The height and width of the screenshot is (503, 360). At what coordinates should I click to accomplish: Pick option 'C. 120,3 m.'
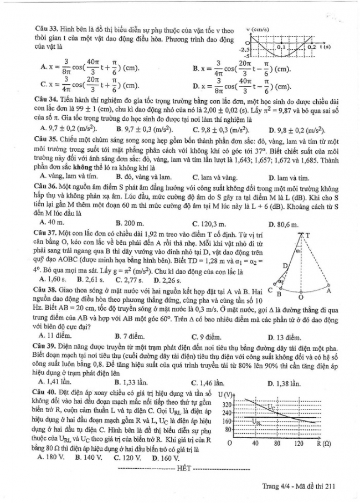tap(210, 224)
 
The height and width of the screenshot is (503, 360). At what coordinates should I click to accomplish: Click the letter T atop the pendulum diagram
tap(308, 235)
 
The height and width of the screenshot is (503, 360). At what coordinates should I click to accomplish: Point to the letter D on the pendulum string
tap(285, 266)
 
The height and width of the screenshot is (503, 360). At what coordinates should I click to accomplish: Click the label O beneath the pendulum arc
tap(300, 297)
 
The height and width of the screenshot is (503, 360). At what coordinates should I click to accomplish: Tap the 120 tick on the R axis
tap(299, 444)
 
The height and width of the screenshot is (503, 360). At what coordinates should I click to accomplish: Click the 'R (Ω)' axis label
tap(323, 444)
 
